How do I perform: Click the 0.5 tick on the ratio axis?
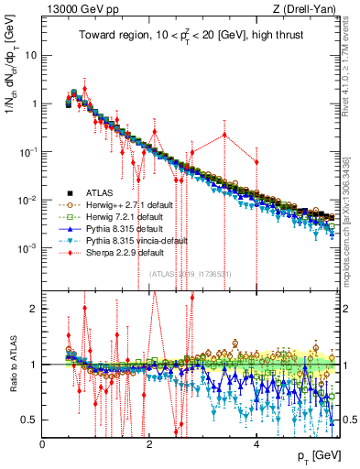click(30, 420)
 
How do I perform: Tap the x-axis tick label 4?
click(256, 444)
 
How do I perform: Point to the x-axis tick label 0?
click(43, 444)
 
